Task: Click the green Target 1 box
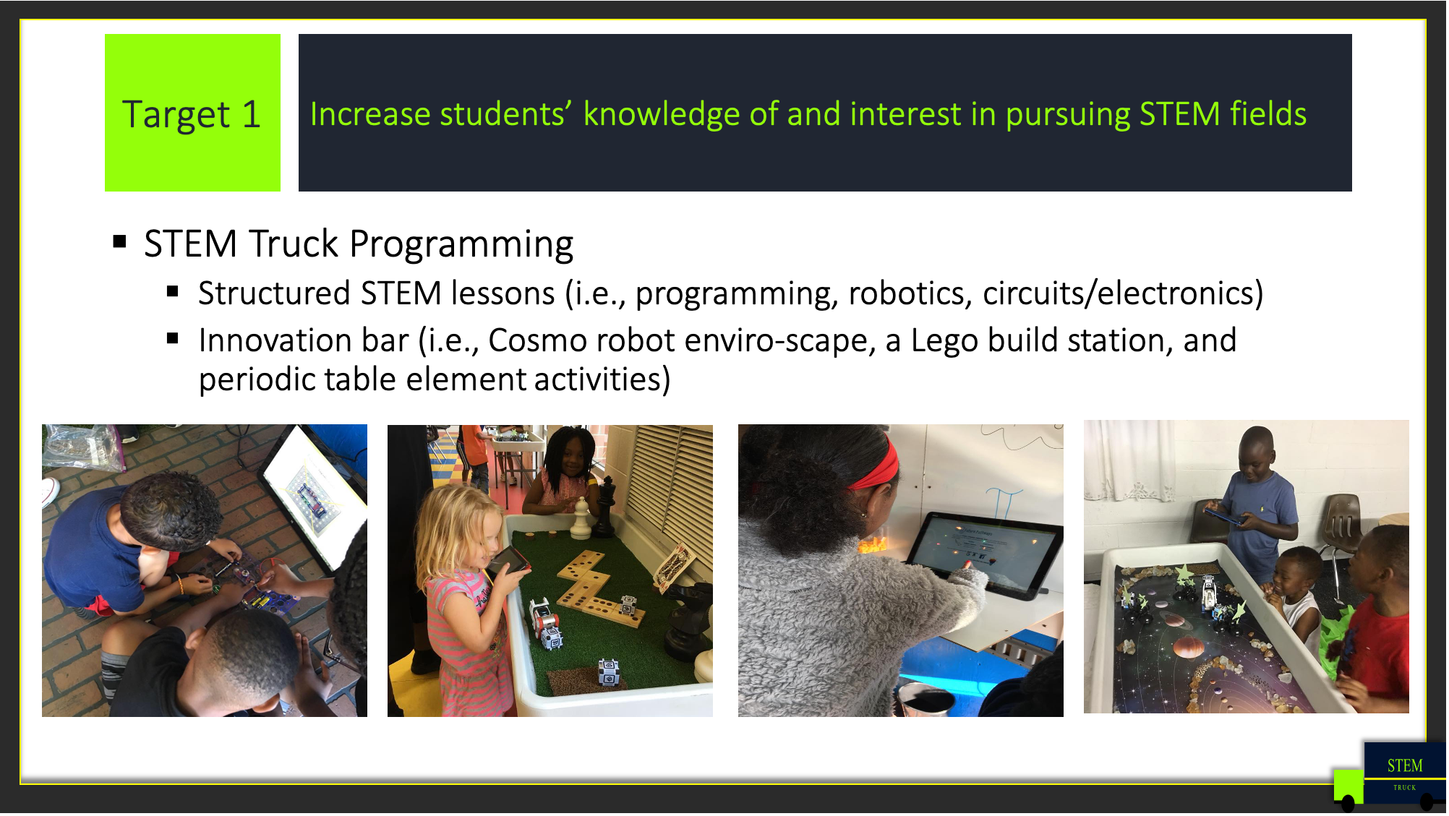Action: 192,113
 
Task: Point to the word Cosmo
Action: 537,340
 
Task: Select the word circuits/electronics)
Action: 1123,294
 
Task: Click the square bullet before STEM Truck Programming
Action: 120,242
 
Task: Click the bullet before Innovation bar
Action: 172,338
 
